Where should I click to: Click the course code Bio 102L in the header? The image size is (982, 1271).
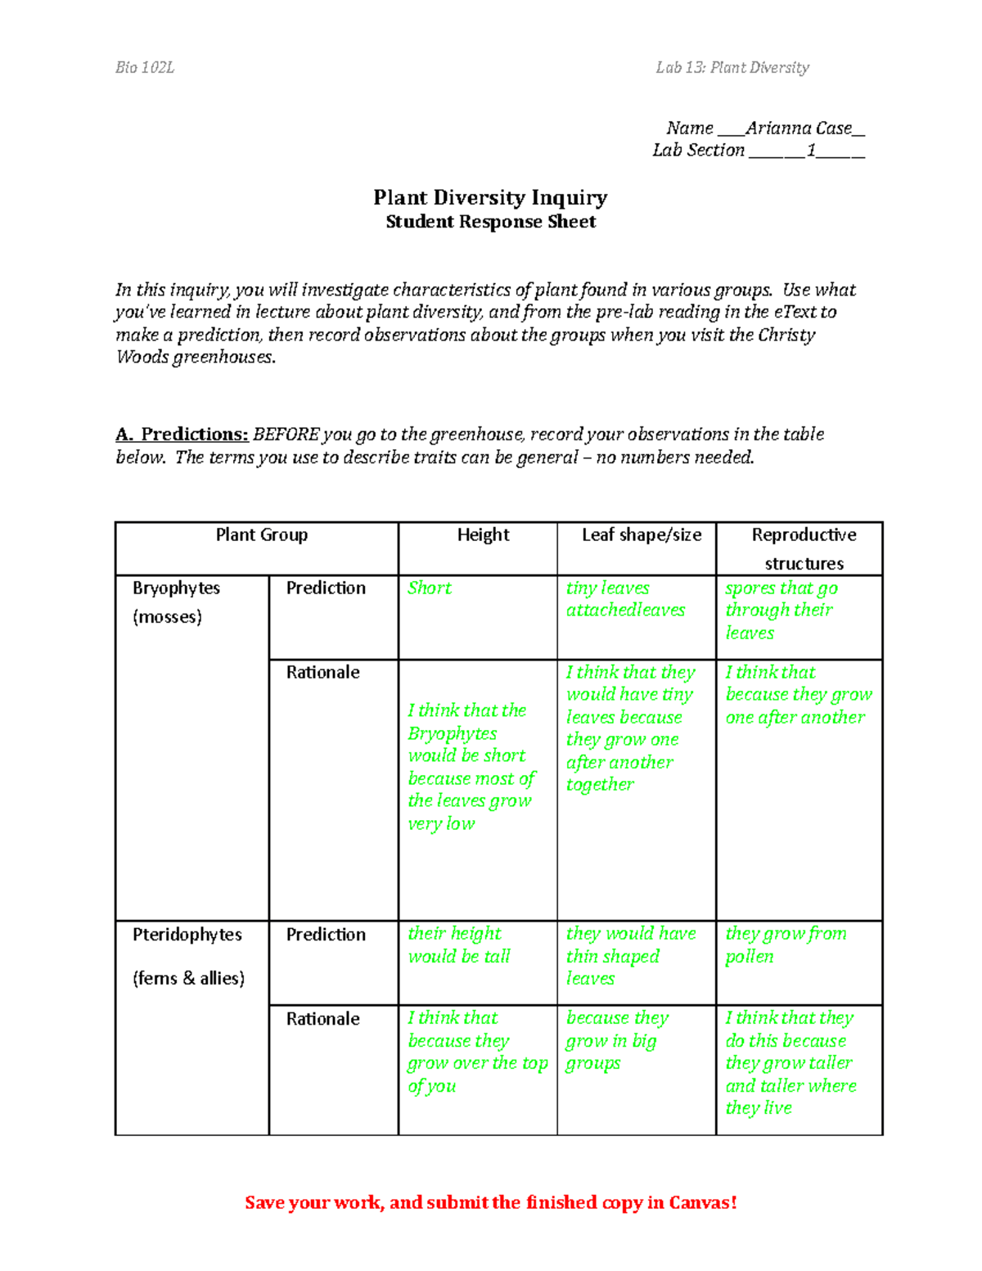145,68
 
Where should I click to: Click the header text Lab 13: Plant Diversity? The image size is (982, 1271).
732,68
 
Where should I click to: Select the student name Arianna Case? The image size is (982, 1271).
799,128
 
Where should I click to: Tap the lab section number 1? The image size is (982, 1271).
811,151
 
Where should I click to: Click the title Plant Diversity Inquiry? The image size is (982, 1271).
490,198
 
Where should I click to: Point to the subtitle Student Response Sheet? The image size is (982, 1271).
490,222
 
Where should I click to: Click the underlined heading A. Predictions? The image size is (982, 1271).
182,435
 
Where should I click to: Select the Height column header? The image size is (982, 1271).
483,535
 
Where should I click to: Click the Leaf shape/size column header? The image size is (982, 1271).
642,535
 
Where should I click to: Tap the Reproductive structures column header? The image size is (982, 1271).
804,548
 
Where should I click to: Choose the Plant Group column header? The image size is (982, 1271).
262,535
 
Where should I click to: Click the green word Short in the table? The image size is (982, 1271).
430,588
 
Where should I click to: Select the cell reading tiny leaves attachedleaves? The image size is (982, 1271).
626,599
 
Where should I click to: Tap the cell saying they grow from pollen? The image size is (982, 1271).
786,945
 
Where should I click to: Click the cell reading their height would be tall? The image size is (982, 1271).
459,945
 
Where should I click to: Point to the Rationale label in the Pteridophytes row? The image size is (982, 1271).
323,1019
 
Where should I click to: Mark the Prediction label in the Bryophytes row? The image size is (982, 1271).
326,588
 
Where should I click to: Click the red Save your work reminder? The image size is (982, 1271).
491,1202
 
